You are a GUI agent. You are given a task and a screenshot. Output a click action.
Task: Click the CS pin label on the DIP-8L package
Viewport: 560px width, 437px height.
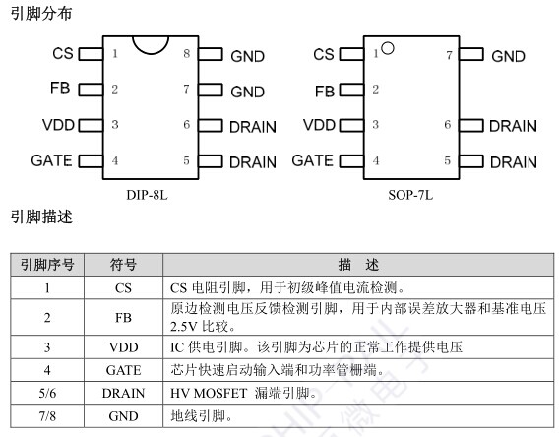63,53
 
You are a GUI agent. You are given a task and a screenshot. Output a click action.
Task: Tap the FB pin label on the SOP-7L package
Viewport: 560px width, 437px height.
324,92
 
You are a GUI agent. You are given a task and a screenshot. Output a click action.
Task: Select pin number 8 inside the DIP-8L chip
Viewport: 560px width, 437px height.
186,53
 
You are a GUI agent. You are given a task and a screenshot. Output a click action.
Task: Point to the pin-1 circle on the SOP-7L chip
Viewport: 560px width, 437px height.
388,48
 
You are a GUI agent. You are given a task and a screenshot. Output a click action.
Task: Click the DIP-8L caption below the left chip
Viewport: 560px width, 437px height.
147,195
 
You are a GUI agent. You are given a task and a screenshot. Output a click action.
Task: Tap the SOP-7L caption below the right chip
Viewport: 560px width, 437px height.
410,195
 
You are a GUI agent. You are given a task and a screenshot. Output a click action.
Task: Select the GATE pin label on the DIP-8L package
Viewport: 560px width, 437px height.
52,160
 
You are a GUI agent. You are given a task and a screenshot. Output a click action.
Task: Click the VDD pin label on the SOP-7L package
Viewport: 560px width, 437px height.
319,125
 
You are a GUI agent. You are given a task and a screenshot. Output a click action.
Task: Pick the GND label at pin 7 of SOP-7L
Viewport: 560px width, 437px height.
508,56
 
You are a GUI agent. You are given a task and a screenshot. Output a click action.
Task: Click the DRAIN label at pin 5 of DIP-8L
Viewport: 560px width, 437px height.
253,162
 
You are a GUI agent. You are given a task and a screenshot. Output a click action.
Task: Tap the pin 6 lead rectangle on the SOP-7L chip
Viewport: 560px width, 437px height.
471,126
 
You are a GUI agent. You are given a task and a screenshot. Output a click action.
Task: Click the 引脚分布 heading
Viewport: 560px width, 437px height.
41,14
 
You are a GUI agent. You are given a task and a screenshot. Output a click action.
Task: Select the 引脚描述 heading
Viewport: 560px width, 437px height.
41,217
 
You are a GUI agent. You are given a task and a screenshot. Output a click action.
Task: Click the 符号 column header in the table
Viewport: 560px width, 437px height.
123,265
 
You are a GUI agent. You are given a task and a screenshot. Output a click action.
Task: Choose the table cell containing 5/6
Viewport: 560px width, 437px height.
47,393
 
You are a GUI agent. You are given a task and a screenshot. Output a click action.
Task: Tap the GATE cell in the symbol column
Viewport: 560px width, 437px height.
124,370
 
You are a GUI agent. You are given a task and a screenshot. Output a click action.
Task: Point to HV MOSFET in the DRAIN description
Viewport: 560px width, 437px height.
209,393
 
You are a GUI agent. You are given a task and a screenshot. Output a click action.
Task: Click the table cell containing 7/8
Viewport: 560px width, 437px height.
47,416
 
